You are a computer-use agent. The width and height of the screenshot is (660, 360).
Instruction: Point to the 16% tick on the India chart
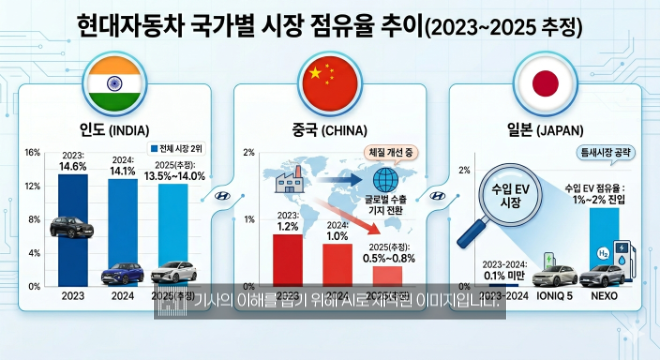coord(32,152)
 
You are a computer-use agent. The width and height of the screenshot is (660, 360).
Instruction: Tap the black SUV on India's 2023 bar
coord(73,226)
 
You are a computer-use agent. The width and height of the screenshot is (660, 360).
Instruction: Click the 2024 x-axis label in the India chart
coord(124,297)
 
